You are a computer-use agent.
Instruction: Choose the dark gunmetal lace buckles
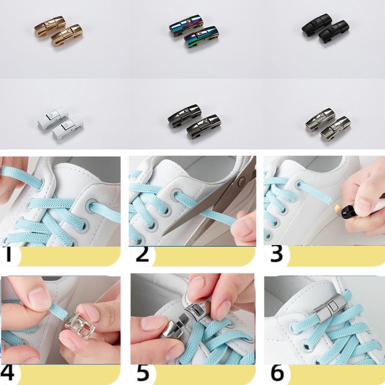point(193,120)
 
